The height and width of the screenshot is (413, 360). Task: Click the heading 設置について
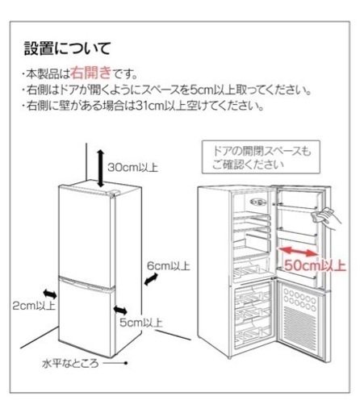(x=67, y=48)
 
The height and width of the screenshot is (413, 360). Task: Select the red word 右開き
(x=91, y=73)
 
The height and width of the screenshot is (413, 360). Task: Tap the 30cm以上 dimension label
(x=132, y=167)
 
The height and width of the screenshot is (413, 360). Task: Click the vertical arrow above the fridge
(x=100, y=169)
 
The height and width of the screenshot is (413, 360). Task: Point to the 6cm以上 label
(x=169, y=266)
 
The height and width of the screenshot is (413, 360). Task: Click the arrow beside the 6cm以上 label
(x=151, y=279)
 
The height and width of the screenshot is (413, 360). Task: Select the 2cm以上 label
(x=34, y=306)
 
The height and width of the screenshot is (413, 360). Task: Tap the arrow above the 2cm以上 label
(x=50, y=294)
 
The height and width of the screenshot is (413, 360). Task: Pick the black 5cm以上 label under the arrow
(x=141, y=323)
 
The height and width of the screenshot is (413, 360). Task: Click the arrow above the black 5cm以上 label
(x=120, y=310)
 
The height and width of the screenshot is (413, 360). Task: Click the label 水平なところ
(x=70, y=364)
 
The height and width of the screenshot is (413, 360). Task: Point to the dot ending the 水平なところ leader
(x=126, y=363)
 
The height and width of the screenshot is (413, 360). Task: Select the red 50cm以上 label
(x=315, y=265)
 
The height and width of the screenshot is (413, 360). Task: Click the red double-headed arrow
(x=298, y=252)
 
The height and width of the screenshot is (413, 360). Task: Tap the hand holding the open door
(x=326, y=217)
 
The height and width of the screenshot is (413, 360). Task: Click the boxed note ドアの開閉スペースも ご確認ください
(x=261, y=157)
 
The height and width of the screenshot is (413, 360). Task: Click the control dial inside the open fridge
(x=257, y=202)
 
